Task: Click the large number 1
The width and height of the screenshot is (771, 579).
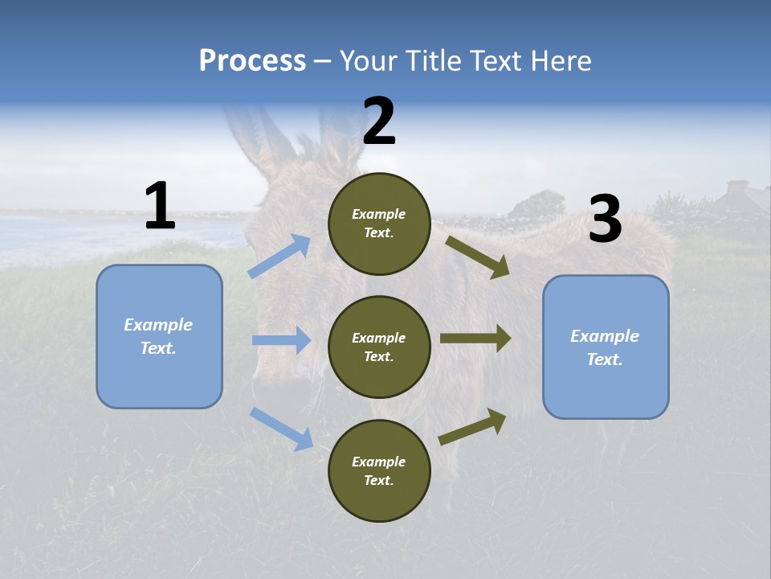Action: click(x=160, y=207)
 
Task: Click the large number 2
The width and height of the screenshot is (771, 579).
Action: click(x=378, y=122)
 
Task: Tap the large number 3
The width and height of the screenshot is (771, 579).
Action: click(x=605, y=220)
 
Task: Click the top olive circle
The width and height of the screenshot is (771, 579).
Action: click(x=379, y=224)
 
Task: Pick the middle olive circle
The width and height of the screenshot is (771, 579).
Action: click(x=379, y=347)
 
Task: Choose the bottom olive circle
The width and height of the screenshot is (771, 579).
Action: click(x=379, y=470)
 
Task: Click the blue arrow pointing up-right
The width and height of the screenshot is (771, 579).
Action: click(x=279, y=257)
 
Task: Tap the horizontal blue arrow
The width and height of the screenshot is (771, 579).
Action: click(x=281, y=340)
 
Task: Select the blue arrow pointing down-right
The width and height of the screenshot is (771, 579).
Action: click(x=281, y=428)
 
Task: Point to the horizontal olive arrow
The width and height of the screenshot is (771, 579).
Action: click(x=475, y=339)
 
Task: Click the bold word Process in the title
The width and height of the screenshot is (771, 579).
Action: click(x=252, y=61)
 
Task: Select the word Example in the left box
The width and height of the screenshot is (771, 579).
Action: click(x=158, y=325)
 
